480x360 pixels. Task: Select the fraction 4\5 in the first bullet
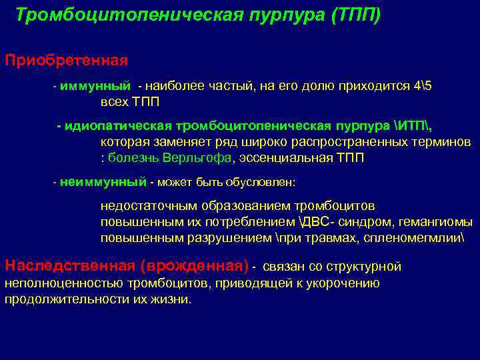[423, 87]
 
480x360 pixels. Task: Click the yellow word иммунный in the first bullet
[89, 87]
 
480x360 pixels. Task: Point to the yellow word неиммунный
[103, 181]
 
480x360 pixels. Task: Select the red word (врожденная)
[195, 265]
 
